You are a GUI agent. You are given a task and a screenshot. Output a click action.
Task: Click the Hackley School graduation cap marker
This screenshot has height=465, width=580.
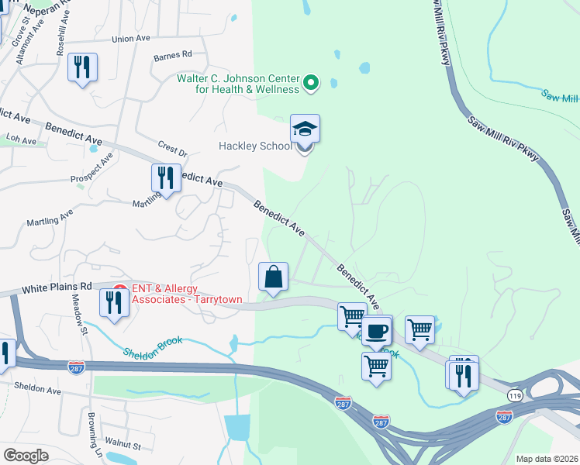[x=306, y=129]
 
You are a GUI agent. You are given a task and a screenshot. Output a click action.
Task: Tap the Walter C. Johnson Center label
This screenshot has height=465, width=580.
[x=238, y=84]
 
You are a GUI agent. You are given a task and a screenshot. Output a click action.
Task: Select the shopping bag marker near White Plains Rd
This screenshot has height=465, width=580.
[x=273, y=277]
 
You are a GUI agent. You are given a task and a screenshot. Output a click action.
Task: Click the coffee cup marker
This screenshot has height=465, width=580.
[x=377, y=331]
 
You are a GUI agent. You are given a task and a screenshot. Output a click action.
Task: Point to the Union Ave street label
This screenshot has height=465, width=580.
[x=130, y=39]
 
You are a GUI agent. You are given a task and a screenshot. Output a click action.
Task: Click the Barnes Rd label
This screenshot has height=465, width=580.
[x=172, y=55]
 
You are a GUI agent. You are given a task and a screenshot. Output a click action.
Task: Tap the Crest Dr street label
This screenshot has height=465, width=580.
[x=173, y=147]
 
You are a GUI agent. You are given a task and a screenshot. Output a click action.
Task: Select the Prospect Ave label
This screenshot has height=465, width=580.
[x=91, y=169]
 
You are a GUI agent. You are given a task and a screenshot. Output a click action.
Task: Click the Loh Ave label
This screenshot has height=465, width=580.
[x=22, y=139]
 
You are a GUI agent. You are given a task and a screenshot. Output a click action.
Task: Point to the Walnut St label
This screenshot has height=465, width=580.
[x=124, y=446]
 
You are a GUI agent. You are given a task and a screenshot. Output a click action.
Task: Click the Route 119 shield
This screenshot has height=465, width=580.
[x=514, y=395]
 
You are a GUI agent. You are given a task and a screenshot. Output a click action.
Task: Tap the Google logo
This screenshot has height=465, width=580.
[x=26, y=456]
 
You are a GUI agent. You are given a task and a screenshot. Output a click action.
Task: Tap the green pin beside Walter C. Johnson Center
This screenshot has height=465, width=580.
[x=311, y=82]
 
